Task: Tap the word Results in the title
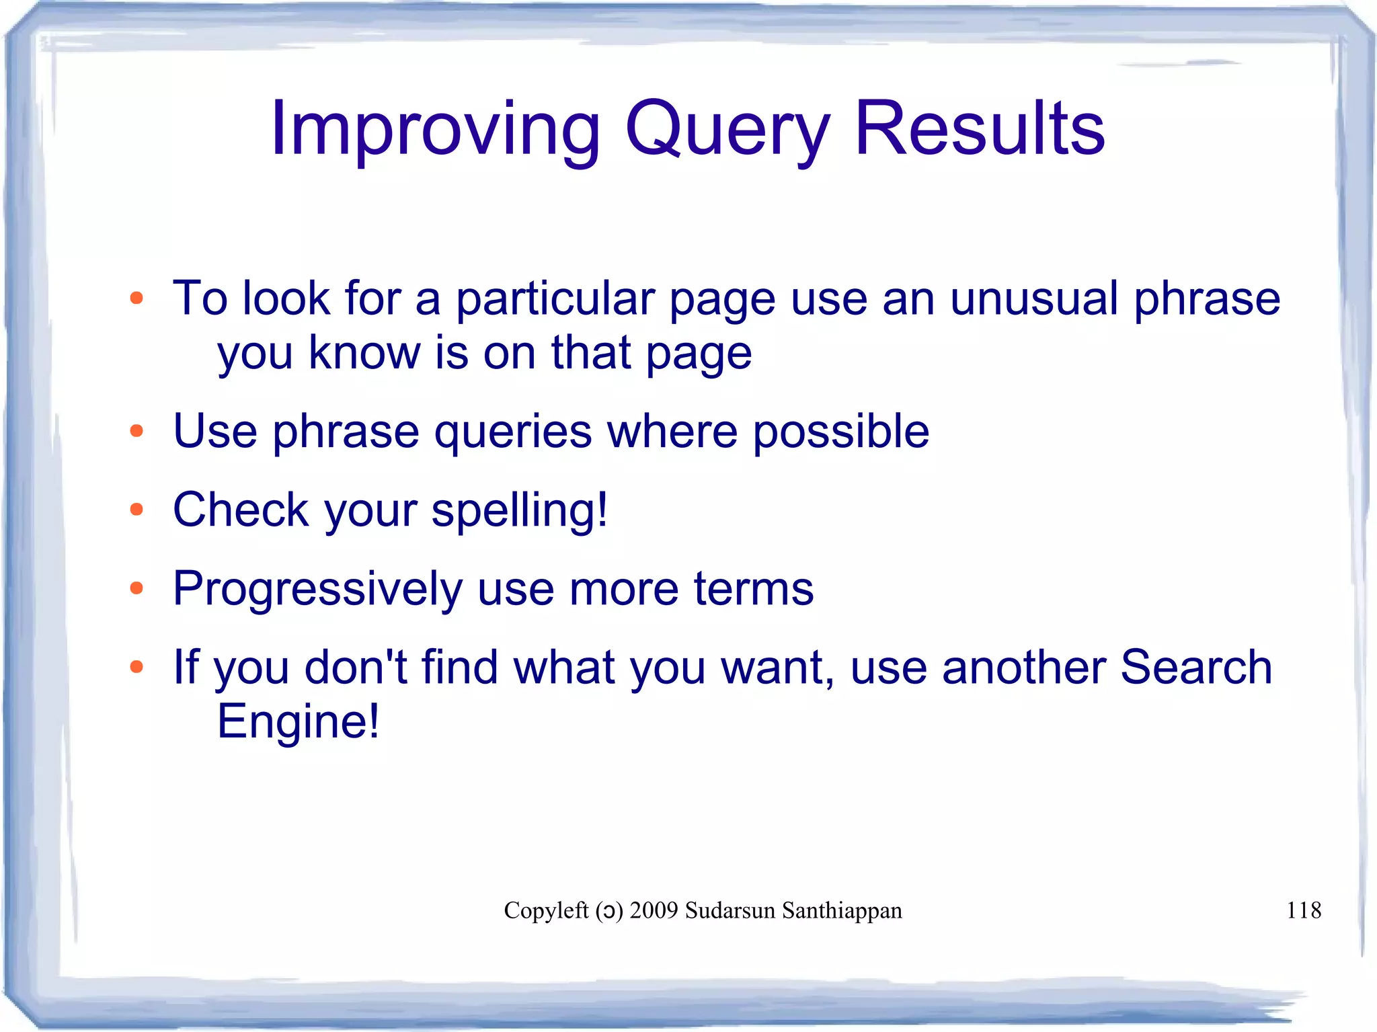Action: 980,129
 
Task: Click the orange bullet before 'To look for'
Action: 136,298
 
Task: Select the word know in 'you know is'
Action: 364,352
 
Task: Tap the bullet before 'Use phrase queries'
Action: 136,430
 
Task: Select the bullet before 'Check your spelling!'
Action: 136,510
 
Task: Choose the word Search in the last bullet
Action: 1195,667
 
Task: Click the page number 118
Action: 1303,910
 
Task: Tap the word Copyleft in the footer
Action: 546,910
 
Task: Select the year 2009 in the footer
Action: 654,910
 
